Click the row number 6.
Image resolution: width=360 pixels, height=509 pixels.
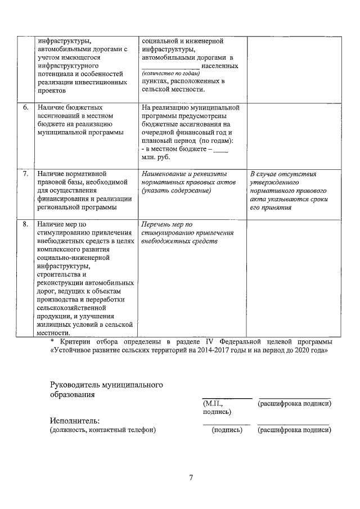25,107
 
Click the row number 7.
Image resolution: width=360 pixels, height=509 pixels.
25,174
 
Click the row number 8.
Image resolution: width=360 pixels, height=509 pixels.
25,224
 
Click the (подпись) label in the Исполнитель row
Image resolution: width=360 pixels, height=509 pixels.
226,430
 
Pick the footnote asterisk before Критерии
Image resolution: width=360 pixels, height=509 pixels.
52,341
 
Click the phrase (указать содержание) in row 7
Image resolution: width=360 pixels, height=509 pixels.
176,191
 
